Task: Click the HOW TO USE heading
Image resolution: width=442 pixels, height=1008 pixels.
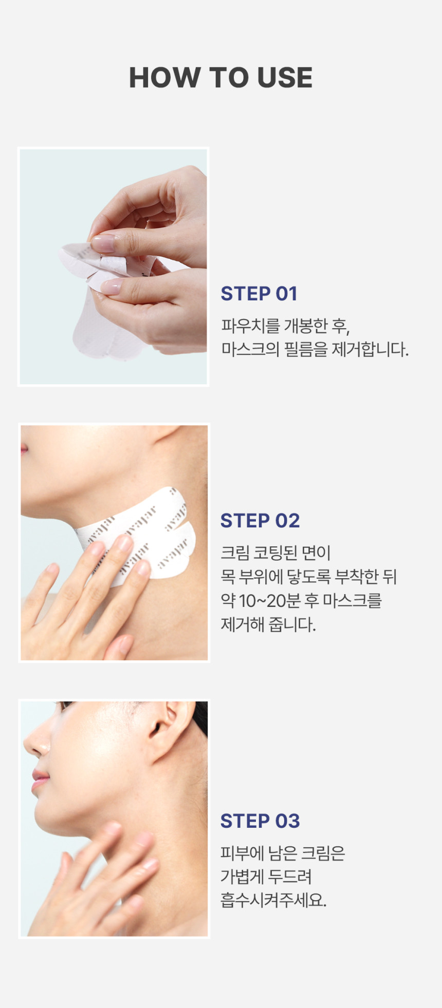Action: [220, 78]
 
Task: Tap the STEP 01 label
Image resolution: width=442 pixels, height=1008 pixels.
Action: [259, 294]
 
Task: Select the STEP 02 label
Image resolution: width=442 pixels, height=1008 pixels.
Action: [260, 521]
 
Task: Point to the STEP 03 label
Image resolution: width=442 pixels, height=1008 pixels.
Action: [260, 821]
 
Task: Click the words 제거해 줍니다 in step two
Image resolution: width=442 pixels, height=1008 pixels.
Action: [268, 624]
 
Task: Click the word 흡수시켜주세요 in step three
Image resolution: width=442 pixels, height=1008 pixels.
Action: [273, 900]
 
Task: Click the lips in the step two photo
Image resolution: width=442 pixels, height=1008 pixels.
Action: [24, 450]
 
